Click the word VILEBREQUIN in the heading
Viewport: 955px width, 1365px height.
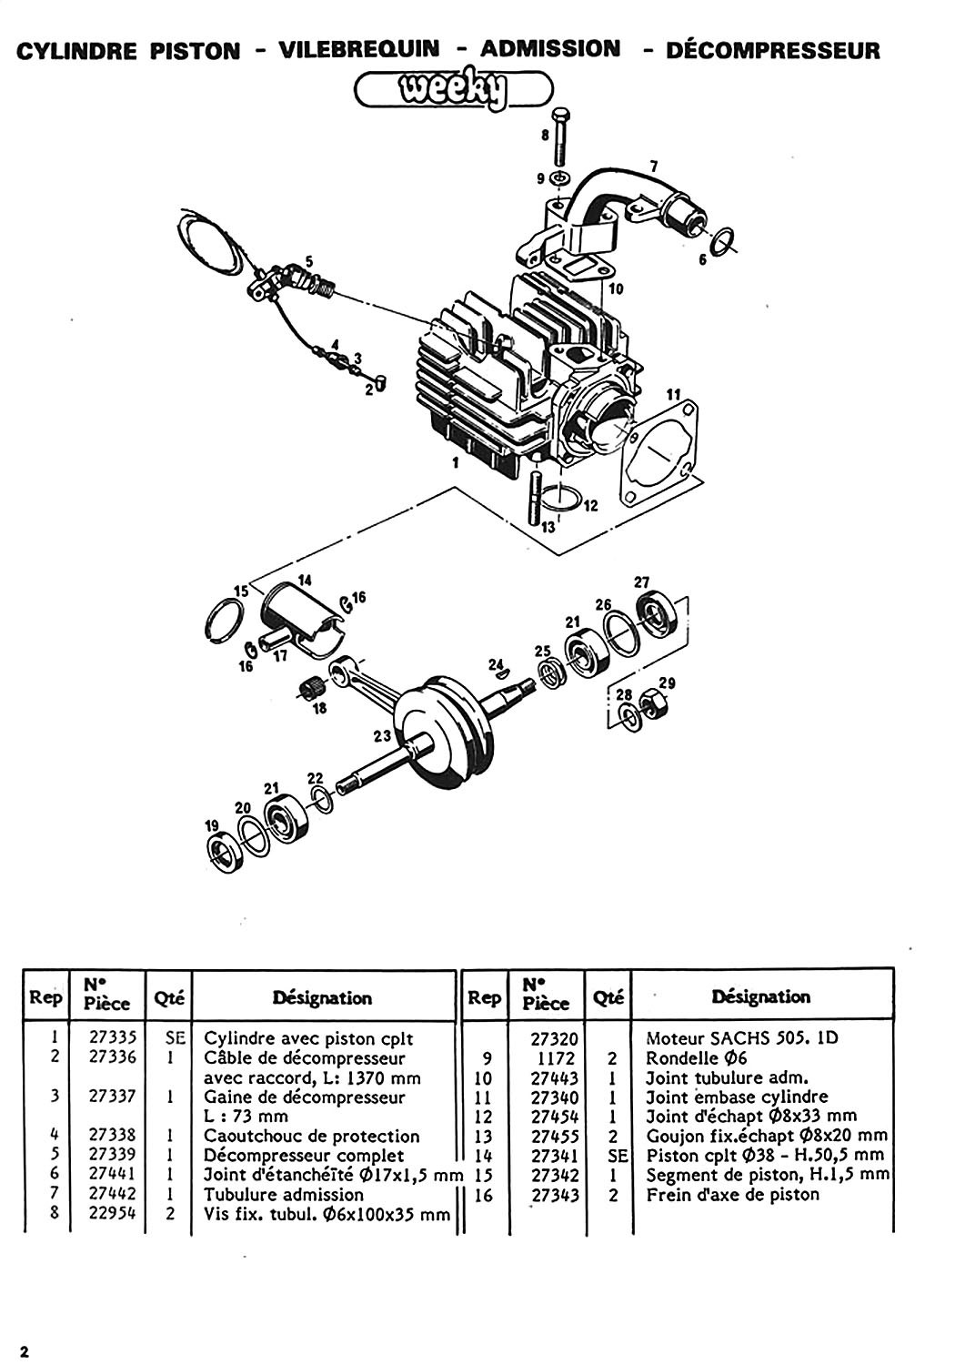[359, 49]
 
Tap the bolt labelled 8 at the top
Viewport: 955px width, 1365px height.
[559, 136]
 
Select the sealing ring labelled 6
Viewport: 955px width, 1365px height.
[722, 239]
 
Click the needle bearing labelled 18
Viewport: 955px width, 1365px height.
[313, 689]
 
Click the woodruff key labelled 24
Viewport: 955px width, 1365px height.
[499, 673]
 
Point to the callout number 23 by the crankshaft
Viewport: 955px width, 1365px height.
[382, 737]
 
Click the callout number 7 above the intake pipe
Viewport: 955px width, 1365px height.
[654, 166]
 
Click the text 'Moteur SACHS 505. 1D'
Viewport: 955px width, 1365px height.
[742, 1037]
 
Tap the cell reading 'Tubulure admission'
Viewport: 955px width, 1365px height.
[283, 1194]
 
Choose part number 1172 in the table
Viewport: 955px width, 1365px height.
[556, 1058]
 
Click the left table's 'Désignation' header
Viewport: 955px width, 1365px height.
[322, 998]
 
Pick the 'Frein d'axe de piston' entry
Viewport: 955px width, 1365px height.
[733, 1194]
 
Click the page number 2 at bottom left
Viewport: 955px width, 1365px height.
[25, 1351]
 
